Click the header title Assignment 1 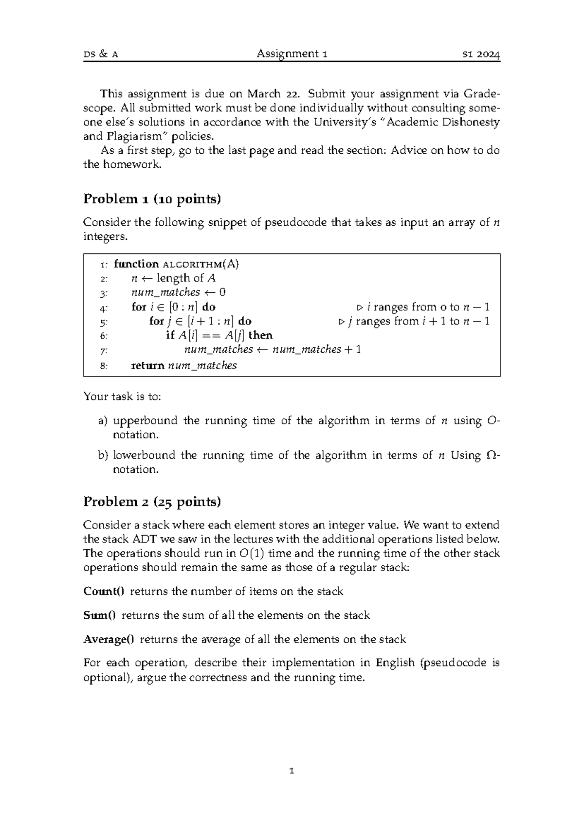coord(292,54)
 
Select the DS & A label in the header coord(101,54)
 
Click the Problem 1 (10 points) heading coord(152,198)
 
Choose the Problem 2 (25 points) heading coord(152,502)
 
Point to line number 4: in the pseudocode coord(103,307)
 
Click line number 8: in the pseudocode coord(103,366)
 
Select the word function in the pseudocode coord(136,264)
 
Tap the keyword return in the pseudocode coord(148,366)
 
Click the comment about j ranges coord(414,321)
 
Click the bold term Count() coord(104,592)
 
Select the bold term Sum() coord(100,615)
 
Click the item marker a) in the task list coord(102,421)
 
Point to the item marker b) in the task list coord(102,455)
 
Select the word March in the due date coord(263,93)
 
